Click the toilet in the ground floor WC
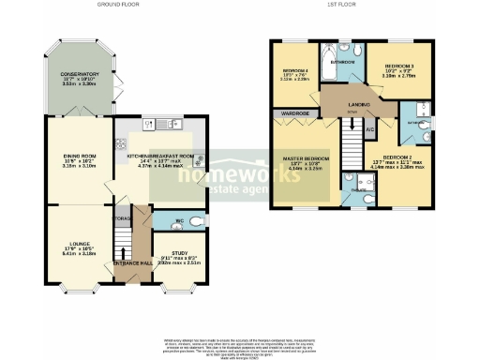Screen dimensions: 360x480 (195, 220)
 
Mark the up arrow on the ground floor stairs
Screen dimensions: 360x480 (122, 247)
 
